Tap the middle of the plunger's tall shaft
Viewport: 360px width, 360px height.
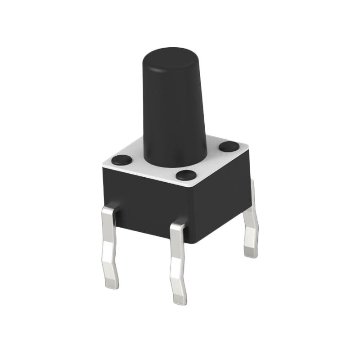point(174,108)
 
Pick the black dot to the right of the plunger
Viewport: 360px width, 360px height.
point(229,146)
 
